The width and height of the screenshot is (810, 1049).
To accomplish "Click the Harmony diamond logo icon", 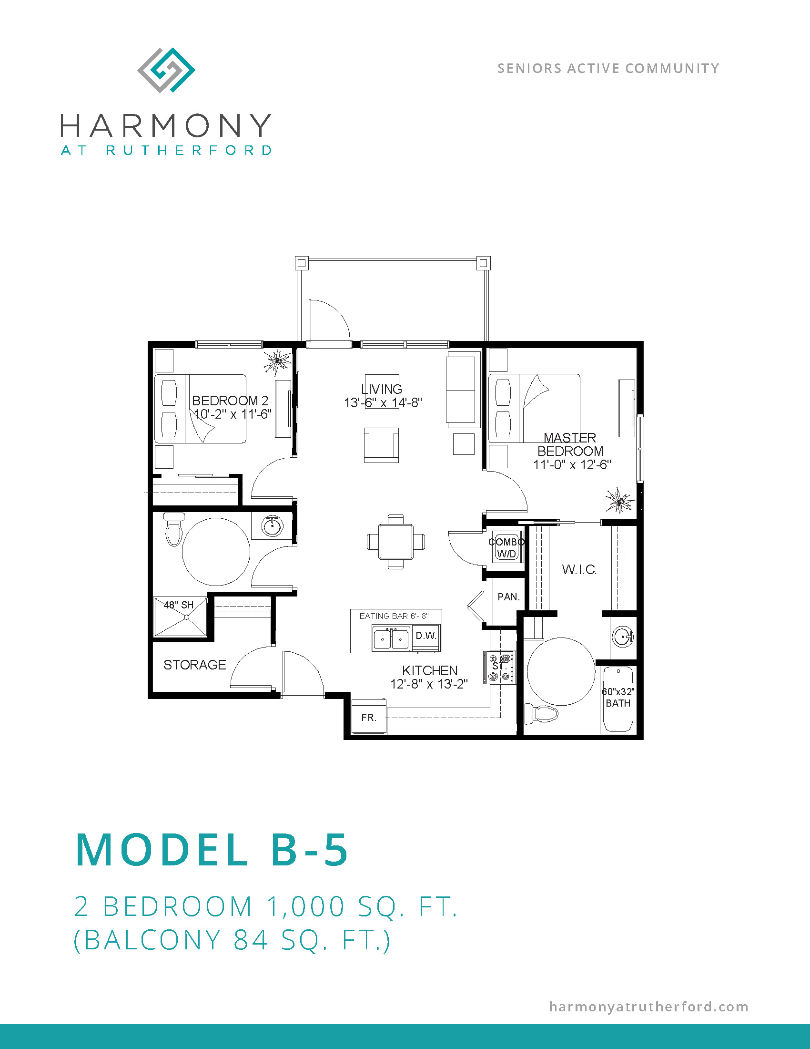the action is point(166,70).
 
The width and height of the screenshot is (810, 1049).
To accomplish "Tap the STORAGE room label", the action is point(194,665).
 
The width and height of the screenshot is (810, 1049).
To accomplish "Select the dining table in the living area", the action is point(395,541).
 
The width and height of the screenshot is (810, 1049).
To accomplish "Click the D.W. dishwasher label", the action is point(425,636).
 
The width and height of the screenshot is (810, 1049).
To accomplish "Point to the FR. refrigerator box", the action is point(369,717).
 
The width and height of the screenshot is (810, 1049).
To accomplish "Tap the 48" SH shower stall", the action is point(181,617).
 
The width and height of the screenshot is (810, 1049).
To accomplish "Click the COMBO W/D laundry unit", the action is point(506,548).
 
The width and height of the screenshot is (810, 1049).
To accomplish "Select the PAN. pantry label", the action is point(509,597).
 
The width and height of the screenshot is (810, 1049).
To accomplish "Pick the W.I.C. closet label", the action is point(579,570).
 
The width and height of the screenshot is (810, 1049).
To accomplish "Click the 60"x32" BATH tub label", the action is point(618,698).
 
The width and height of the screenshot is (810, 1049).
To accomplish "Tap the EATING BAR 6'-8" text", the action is point(394,616).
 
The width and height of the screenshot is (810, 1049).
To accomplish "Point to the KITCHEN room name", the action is point(430,670).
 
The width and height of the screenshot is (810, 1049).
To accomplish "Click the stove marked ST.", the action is point(499,667).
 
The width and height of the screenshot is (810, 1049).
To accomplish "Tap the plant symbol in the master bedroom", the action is point(619,501).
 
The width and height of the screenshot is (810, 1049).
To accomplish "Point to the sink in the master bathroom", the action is point(623,638).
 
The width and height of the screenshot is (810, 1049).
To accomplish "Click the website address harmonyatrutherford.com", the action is point(649,1007).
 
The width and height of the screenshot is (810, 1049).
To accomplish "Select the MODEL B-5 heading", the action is point(212,850).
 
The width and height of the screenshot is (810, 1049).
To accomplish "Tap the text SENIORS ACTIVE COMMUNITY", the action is point(608,68).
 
